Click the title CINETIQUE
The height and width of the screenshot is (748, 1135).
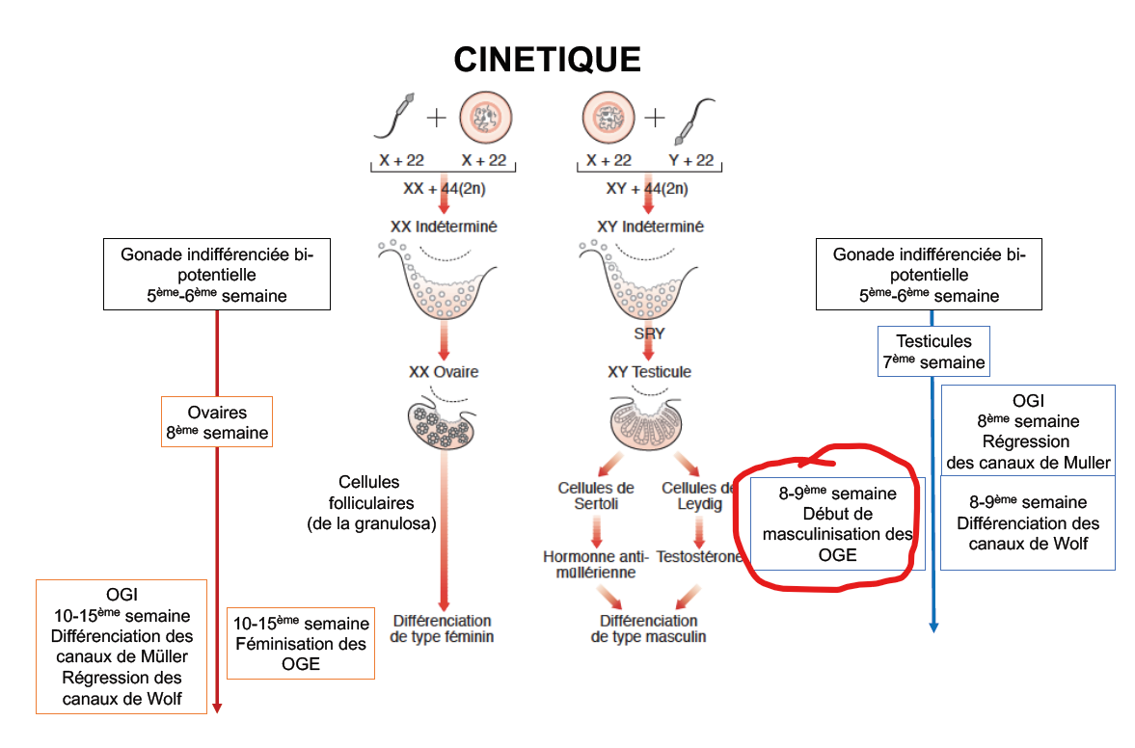coord(547,60)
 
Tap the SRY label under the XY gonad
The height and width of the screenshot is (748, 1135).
coord(650,334)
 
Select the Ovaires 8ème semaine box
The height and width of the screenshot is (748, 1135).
coord(216,422)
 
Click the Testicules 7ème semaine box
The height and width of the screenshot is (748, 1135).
coord(933,352)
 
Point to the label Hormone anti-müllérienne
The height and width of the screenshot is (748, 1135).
coord(595,564)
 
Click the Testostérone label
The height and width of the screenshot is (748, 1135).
coord(699,557)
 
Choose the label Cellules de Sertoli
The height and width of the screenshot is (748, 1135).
coord(595,495)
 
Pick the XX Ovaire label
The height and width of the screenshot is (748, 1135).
coord(443,372)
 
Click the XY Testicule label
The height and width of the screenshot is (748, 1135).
coord(649,372)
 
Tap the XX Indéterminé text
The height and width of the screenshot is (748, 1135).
coord(443,227)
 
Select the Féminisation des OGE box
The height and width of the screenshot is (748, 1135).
coord(300,643)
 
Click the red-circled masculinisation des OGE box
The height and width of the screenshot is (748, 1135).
coord(837,523)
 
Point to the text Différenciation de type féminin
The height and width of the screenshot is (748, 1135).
coord(443,628)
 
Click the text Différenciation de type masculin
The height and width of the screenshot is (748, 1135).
coord(648,628)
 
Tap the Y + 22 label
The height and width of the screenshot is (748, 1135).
coord(691,160)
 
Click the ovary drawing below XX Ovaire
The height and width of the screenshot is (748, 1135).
coord(443,423)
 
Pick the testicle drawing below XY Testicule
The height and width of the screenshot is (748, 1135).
coord(649,424)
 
